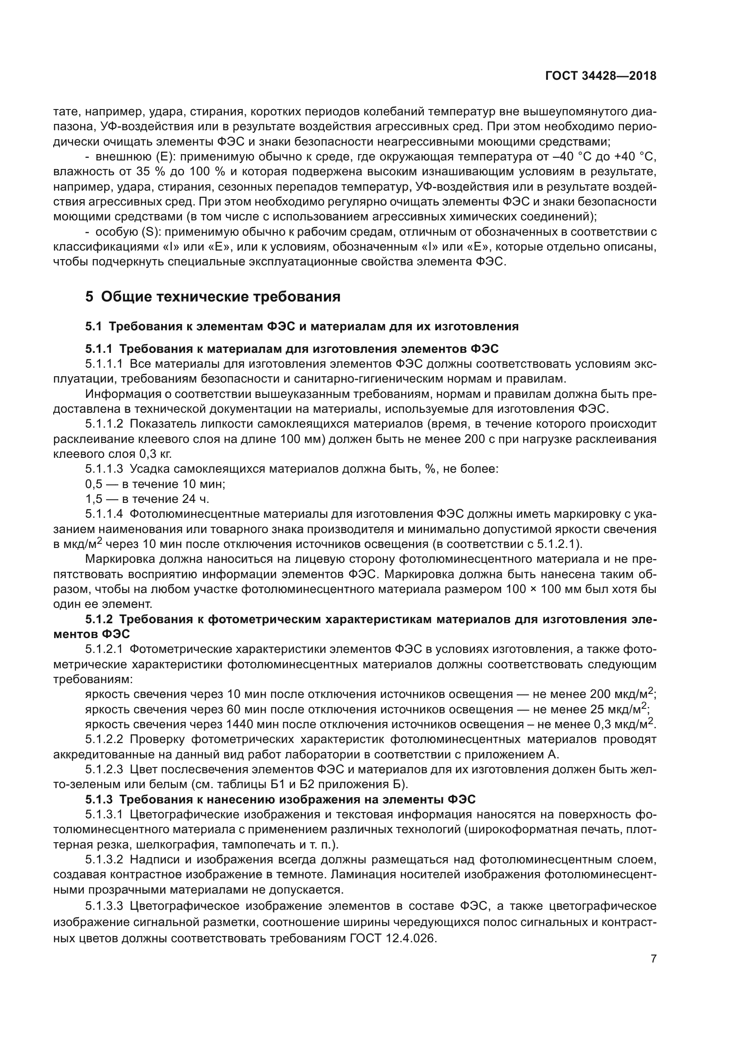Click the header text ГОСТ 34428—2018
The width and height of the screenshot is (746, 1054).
(600, 76)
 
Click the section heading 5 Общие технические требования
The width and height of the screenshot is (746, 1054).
(213, 297)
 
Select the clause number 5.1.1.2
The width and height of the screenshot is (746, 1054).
(104, 424)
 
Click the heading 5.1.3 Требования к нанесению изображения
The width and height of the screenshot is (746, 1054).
(280, 800)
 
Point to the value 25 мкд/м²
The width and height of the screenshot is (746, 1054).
(618, 709)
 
